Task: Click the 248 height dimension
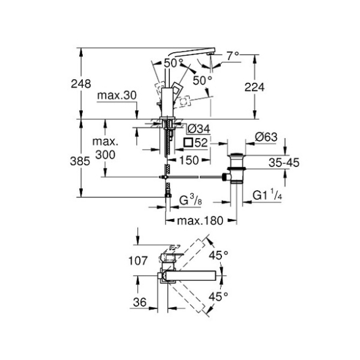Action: (81, 84)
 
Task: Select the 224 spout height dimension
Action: (255, 87)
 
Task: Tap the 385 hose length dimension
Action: (80, 161)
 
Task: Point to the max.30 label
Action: (117, 95)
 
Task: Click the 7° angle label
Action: (233, 56)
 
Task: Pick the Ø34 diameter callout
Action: (199, 129)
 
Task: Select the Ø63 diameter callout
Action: (266, 137)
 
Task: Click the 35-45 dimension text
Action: (284, 163)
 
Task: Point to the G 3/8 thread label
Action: (191, 200)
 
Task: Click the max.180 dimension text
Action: (200, 221)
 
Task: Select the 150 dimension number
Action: (189, 160)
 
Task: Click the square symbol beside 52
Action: (188, 142)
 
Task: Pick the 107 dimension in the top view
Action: (138, 261)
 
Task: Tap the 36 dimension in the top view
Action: (140, 302)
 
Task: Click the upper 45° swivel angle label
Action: (218, 255)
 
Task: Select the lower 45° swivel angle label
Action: (218, 297)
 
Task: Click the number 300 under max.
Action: (105, 155)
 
